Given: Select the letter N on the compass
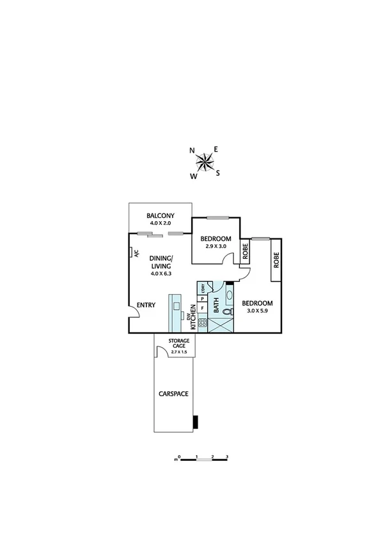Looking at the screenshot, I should (x=192, y=151).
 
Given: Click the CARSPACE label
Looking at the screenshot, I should (x=173, y=394).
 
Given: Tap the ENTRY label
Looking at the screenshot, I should (x=146, y=305).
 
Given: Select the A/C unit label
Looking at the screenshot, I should (x=136, y=253).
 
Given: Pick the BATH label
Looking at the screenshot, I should (x=216, y=306).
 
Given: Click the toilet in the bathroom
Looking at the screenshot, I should (x=229, y=313).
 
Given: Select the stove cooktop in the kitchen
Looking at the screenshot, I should (x=203, y=322).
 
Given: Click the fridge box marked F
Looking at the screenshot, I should (x=203, y=308).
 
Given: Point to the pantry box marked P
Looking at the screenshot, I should (x=203, y=298).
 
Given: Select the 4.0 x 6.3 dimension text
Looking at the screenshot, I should (x=161, y=274).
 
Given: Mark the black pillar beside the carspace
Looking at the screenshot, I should (x=197, y=421).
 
